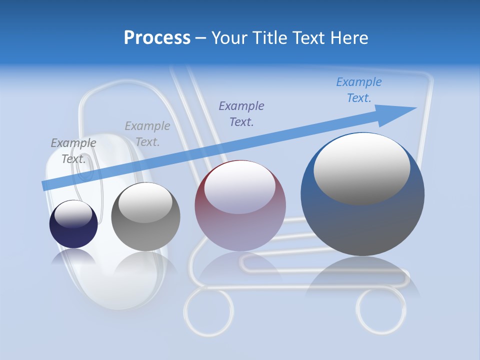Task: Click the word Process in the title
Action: point(157,38)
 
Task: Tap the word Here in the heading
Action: point(349,38)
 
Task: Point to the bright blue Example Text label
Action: point(359,90)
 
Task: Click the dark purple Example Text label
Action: point(241,113)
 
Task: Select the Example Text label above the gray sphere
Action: point(147,134)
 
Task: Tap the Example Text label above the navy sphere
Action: point(73,150)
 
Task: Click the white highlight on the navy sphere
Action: point(73,214)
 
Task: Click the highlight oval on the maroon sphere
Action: point(239,187)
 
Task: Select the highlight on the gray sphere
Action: point(145,202)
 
